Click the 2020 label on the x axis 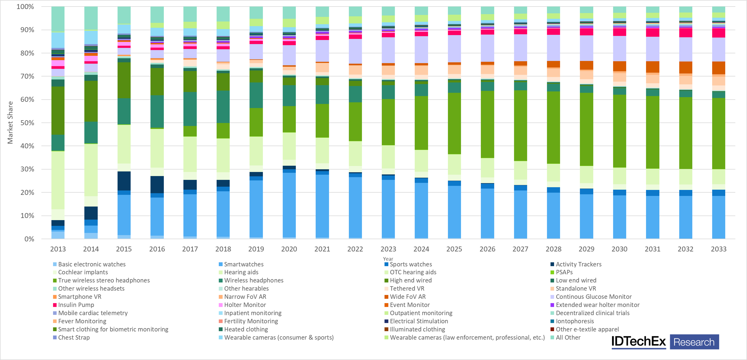[289, 249]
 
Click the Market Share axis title [10, 122]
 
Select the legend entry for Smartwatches [244, 264]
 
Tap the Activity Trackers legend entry [578, 264]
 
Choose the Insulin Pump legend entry [76, 305]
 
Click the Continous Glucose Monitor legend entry [593, 297]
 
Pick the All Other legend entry [568, 337]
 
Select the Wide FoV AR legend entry [408, 297]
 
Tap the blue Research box [694, 342]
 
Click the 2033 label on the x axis [719, 249]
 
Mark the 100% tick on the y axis [25, 7]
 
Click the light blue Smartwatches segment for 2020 [289, 205]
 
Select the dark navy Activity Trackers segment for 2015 [124, 181]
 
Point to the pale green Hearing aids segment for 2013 [58, 180]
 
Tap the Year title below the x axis [388, 259]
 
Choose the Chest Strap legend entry [74, 337]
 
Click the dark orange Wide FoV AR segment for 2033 [719, 68]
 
